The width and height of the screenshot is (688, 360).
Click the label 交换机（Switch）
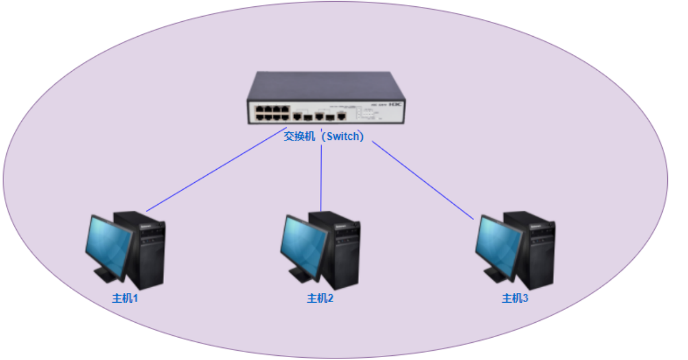[324, 137]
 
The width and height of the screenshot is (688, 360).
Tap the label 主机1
[125, 298]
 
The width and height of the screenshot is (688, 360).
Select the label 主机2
[320, 298]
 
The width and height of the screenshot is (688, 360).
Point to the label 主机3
[515, 298]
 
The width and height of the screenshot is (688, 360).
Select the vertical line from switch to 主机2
[322, 178]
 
